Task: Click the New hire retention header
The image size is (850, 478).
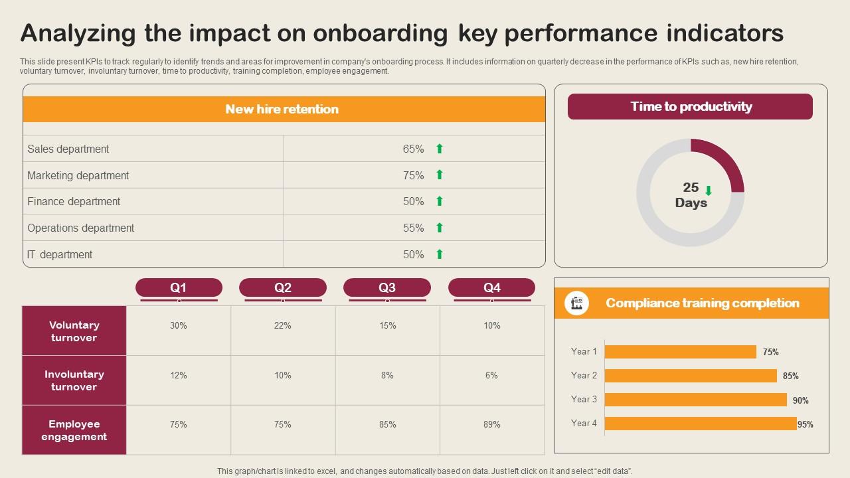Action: click(x=282, y=109)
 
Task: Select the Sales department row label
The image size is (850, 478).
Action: click(x=68, y=149)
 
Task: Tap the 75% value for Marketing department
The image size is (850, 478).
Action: click(x=413, y=175)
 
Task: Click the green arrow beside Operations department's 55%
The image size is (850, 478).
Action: click(x=439, y=228)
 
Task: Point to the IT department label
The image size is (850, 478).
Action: click(x=60, y=254)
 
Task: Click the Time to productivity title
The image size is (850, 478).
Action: click(x=691, y=107)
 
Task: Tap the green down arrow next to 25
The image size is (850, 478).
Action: click(x=709, y=191)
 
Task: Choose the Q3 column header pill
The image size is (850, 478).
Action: click(x=387, y=287)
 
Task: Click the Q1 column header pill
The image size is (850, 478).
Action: click(x=179, y=287)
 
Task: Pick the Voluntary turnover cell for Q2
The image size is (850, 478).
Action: click(x=283, y=325)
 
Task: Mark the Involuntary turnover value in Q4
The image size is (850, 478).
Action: click(x=491, y=375)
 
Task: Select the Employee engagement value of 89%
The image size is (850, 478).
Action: click(x=491, y=424)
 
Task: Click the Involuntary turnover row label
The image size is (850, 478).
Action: click(x=74, y=380)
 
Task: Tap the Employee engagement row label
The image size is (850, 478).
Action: click(x=74, y=430)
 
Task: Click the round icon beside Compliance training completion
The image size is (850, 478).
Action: click(x=576, y=303)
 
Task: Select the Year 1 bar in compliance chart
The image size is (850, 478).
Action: click(x=680, y=352)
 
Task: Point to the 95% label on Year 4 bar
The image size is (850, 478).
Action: click(x=806, y=424)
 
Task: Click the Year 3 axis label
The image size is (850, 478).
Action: click(x=584, y=399)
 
